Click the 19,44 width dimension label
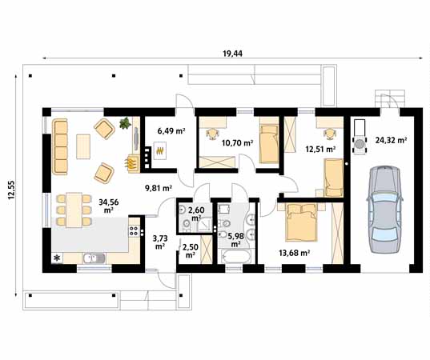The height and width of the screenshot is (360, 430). click(x=232, y=54)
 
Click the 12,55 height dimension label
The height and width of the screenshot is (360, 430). click(x=12, y=190)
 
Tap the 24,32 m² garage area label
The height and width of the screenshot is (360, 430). click(x=391, y=140)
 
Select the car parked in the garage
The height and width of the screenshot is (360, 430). click(x=384, y=209)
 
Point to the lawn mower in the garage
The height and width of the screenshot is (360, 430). click(x=360, y=138)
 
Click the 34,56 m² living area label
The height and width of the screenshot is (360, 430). click(x=109, y=206)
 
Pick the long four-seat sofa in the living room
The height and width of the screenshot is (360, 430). click(x=60, y=146)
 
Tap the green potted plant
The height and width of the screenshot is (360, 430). click(x=125, y=123)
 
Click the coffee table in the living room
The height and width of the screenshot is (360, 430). click(x=83, y=146)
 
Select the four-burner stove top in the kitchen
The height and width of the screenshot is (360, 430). click(x=134, y=231)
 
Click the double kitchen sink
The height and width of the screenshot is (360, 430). click(x=94, y=258)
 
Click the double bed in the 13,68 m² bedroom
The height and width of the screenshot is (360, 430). click(x=301, y=222)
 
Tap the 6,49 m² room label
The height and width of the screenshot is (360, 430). click(x=171, y=130)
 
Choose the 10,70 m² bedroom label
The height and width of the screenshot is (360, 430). click(x=237, y=142)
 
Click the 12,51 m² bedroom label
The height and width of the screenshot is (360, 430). click(x=320, y=149)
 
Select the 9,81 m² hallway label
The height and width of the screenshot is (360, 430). click(x=159, y=188)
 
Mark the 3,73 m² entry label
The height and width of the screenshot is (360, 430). click(x=160, y=242)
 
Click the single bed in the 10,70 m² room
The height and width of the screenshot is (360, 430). click(x=269, y=144)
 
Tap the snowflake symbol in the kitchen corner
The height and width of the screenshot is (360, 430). click(x=58, y=258)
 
